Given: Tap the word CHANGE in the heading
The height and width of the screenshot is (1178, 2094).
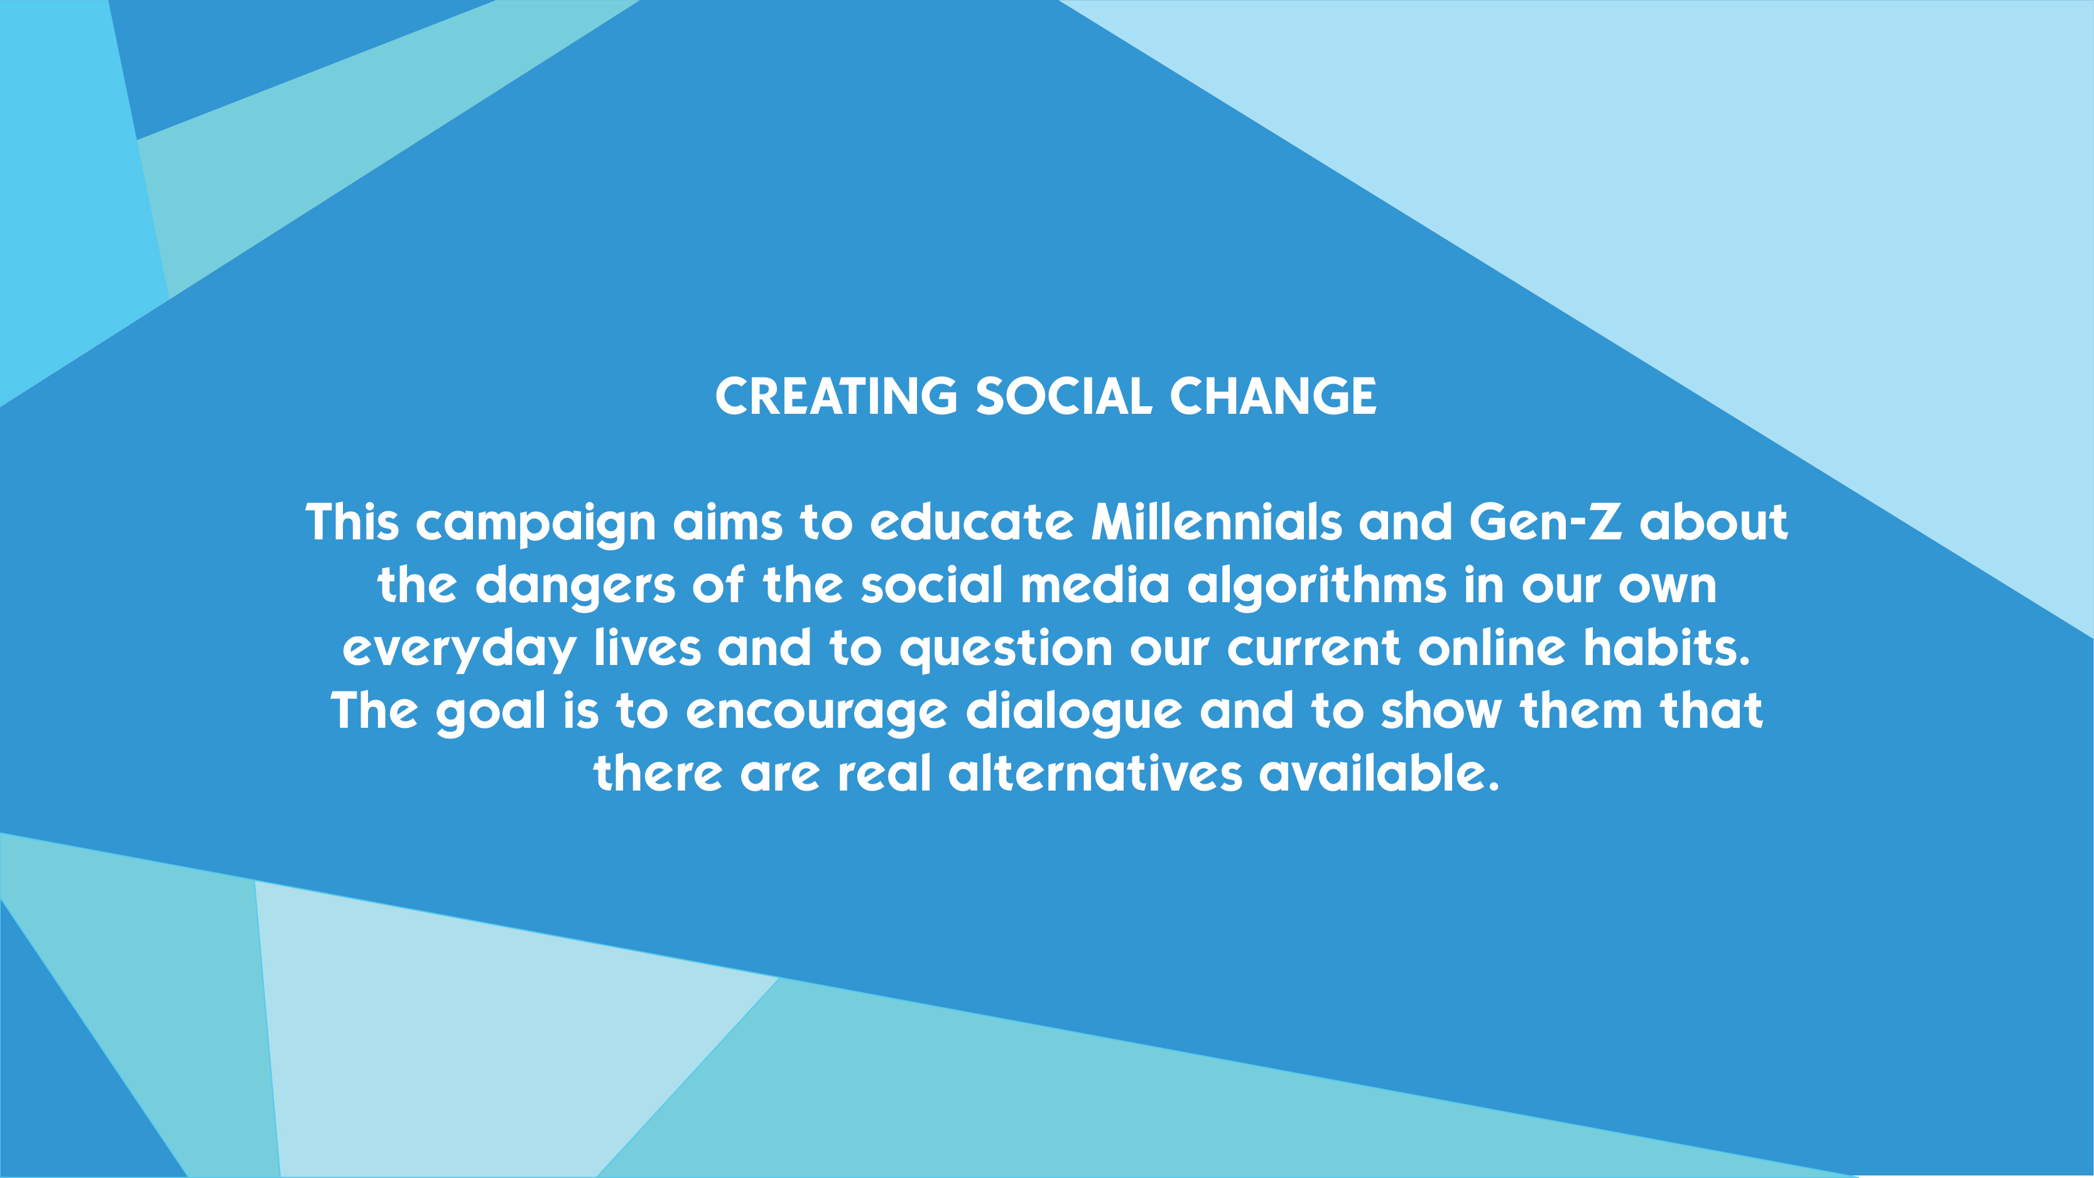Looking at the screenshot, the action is coord(1273,397).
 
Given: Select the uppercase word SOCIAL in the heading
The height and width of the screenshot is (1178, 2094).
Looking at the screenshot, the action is coord(1063,397).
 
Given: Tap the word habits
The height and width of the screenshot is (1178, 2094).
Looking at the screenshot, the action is coord(1666,648).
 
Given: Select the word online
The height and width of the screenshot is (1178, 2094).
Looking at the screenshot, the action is coord(1492,648).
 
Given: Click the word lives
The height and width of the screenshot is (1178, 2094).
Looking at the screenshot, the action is coord(647,648).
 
